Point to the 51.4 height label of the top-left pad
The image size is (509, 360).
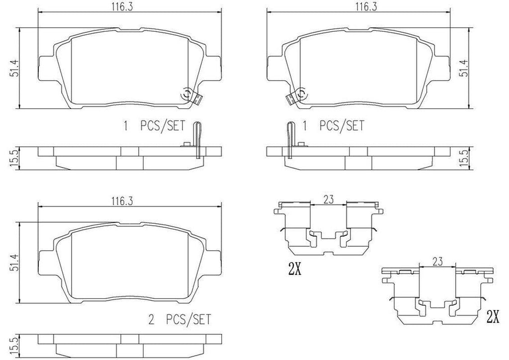tap(15, 68)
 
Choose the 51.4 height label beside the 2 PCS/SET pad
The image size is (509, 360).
tap(15, 263)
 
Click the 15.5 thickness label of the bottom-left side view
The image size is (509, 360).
tap(15, 345)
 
